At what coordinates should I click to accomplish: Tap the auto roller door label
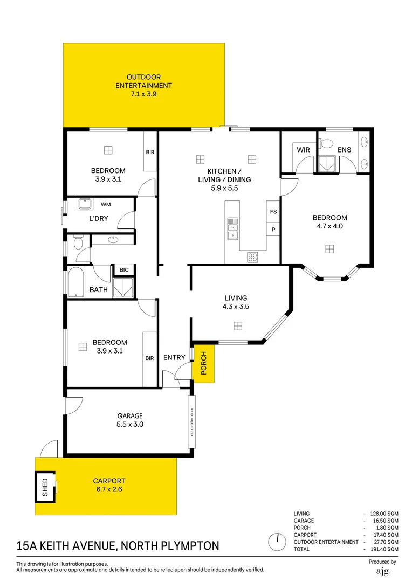point(191,422)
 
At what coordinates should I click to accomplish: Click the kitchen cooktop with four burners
point(252,257)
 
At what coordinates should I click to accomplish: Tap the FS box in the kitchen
point(273,212)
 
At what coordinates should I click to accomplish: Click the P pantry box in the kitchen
point(273,230)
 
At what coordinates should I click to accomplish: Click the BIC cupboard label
point(124,269)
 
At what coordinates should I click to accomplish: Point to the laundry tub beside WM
point(84,204)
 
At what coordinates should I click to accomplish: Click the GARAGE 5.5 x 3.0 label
point(130,420)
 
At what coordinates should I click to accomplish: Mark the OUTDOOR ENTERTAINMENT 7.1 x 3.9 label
point(143,85)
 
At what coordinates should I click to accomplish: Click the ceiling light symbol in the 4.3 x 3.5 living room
point(237,325)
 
